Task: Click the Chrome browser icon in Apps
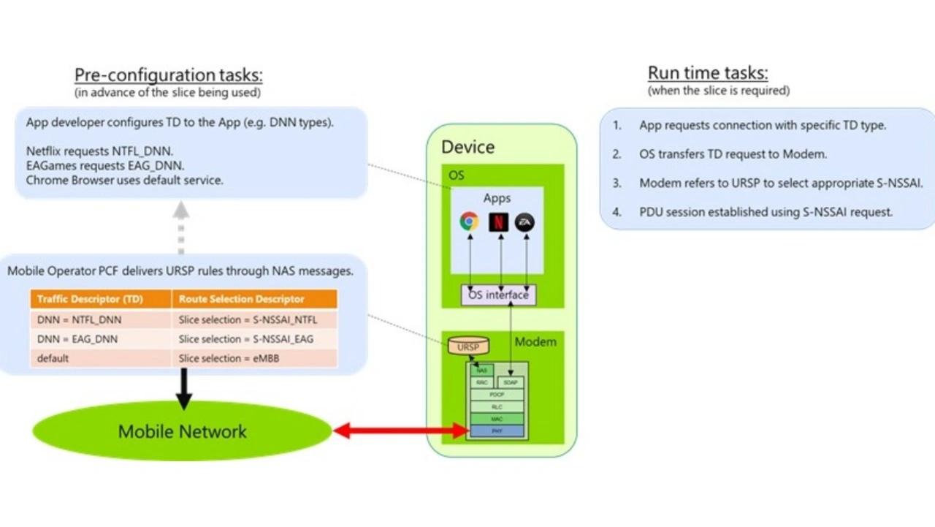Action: tap(469, 221)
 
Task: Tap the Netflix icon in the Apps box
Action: tap(498, 221)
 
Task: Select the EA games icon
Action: tap(524, 222)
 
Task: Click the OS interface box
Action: tap(498, 295)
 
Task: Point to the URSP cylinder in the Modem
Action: tap(468, 346)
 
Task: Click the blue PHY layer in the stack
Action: tap(497, 431)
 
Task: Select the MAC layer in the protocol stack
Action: tap(497, 419)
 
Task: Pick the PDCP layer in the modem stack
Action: tap(497, 395)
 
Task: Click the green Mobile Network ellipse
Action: tap(182, 431)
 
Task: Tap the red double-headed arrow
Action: tap(400, 431)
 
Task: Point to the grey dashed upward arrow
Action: tap(181, 227)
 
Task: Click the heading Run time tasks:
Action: tap(708, 73)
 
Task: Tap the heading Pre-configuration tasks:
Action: tap(168, 75)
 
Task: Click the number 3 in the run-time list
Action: tap(617, 183)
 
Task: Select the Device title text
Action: tap(467, 147)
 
